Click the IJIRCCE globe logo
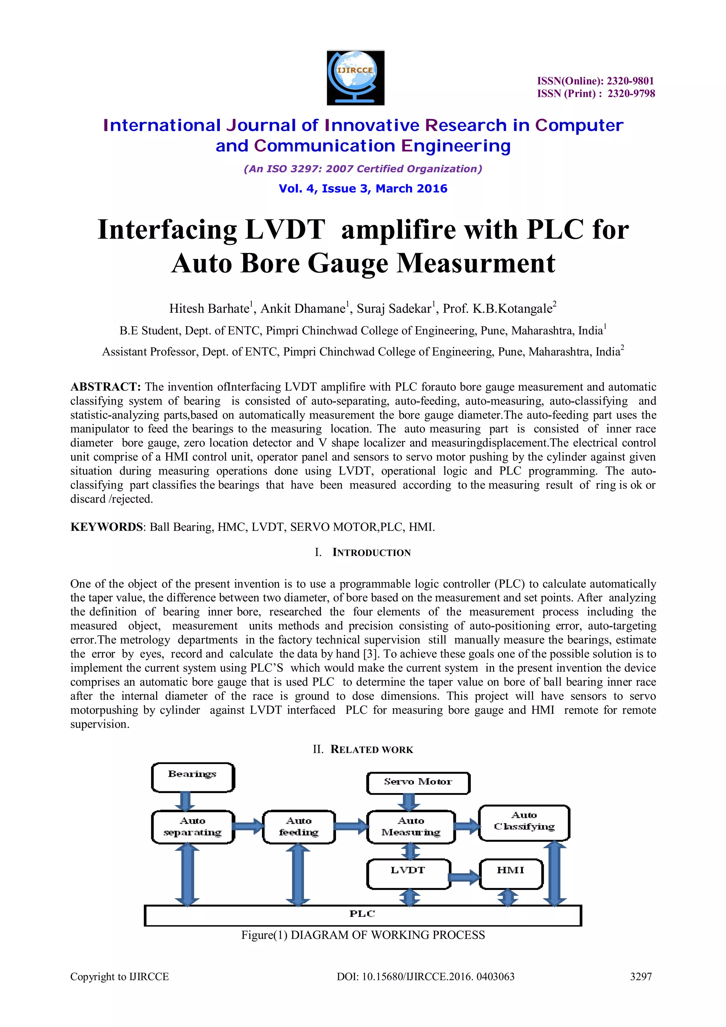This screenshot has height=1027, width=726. pos(355,77)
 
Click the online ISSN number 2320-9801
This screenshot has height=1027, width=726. pos(630,81)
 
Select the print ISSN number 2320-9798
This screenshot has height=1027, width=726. pos(631,94)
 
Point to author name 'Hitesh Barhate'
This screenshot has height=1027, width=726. pos(209,309)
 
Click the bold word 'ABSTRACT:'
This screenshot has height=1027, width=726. pos(106,387)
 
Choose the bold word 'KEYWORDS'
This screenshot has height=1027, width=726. pos(106,527)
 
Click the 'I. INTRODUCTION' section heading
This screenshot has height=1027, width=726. pos(363,552)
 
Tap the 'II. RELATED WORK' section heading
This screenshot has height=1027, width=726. pos(363,749)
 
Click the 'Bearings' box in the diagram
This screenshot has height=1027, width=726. pos(193,778)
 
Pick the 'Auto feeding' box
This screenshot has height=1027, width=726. pos(299,827)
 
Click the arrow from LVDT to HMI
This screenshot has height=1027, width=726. pos(464,877)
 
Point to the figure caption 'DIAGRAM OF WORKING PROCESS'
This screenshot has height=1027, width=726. pos(387,935)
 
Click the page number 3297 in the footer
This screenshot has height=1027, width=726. pos(641,976)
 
